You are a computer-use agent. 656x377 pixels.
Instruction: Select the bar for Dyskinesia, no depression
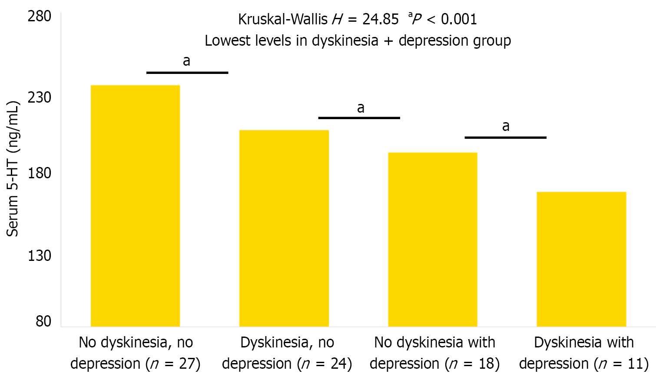tap(284, 228)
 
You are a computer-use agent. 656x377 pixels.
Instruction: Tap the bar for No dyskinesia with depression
tap(433, 240)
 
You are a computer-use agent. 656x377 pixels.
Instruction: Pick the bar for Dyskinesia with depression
tap(581, 259)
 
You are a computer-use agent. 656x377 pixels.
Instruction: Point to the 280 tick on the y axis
tap(40, 17)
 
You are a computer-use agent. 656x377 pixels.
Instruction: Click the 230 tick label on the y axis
tap(40, 97)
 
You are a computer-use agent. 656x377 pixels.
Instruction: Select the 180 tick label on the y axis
tap(40, 173)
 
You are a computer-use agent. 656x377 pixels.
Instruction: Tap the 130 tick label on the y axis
tap(40, 255)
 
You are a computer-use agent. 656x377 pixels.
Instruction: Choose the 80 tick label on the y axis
tap(43, 321)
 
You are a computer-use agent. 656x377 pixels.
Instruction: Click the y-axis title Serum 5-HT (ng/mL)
tap(13, 169)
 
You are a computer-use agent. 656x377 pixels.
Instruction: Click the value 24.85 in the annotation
tap(381, 19)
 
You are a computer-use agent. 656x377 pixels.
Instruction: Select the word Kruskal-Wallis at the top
tap(283, 19)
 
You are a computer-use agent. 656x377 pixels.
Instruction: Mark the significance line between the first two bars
tap(187, 73)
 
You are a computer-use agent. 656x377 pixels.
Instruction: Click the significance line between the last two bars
tap(506, 137)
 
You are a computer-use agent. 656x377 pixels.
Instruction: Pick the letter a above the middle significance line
tap(361, 107)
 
